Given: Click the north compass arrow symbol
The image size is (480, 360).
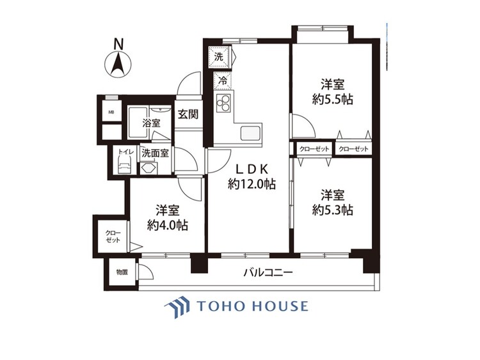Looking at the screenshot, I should tap(118, 65).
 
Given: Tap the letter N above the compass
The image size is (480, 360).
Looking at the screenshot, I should tap(118, 44).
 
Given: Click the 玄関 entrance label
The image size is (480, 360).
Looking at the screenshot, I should tap(188, 115).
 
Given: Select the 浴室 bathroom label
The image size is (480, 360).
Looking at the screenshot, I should tap(151, 123).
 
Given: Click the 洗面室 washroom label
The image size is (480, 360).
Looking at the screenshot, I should tap(155, 153).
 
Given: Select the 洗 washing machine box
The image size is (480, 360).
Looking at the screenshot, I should tap(219, 56).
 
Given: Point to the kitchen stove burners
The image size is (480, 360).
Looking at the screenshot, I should tap(223, 103).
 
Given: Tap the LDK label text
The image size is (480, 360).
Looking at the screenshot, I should tap(252, 169).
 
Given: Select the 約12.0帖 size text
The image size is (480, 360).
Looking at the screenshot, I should tap(253, 184).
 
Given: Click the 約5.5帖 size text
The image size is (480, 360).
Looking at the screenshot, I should tap(333, 99).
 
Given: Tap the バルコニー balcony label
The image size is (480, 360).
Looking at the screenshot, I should tap(268, 273).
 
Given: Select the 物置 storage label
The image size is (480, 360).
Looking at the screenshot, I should tap(122, 272).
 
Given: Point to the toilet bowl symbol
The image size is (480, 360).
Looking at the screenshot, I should tap(124, 166).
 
